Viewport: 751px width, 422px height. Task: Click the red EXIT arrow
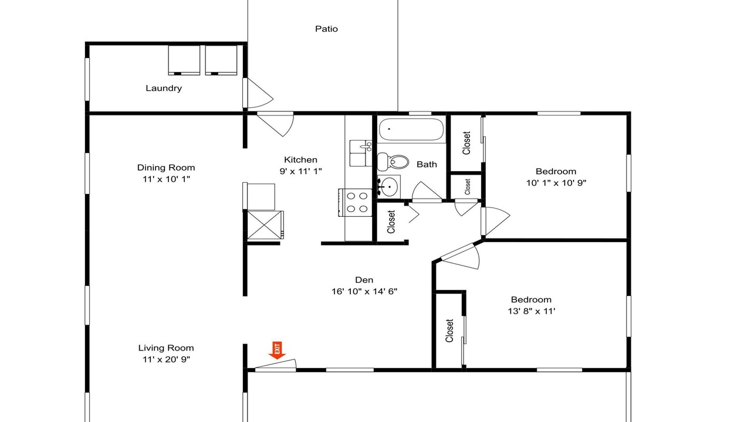point(277,350)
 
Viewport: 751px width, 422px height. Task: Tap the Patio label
point(326,29)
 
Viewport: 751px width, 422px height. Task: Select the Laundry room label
point(164,88)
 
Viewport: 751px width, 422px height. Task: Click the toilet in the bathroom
point(393,162)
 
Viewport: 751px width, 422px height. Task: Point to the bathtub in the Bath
point(411,130)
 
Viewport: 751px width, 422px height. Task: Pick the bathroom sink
point(389,186)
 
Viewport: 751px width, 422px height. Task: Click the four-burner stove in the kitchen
point(355,202)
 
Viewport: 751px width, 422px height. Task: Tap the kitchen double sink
point(360,154)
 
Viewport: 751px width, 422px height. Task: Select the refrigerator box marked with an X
point(265,224)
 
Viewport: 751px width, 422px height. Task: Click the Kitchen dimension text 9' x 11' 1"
point(301,171)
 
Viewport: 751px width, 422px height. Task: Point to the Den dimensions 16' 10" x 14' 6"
point(364,291)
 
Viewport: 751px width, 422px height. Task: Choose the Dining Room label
point(166,168)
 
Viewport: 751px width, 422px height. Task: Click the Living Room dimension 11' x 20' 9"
point(166,359)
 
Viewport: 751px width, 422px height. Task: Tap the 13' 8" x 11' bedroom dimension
point(532,311)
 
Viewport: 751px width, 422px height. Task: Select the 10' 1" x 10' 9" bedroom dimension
point(556,183)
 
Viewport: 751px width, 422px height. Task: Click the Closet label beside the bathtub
point(466,143)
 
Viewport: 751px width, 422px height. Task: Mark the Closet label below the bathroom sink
point(391,222)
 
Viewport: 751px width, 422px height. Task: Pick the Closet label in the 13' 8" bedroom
point(449,331)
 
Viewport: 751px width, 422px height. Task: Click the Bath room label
point(427,165)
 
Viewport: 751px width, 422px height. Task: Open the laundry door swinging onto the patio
point(258,93)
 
